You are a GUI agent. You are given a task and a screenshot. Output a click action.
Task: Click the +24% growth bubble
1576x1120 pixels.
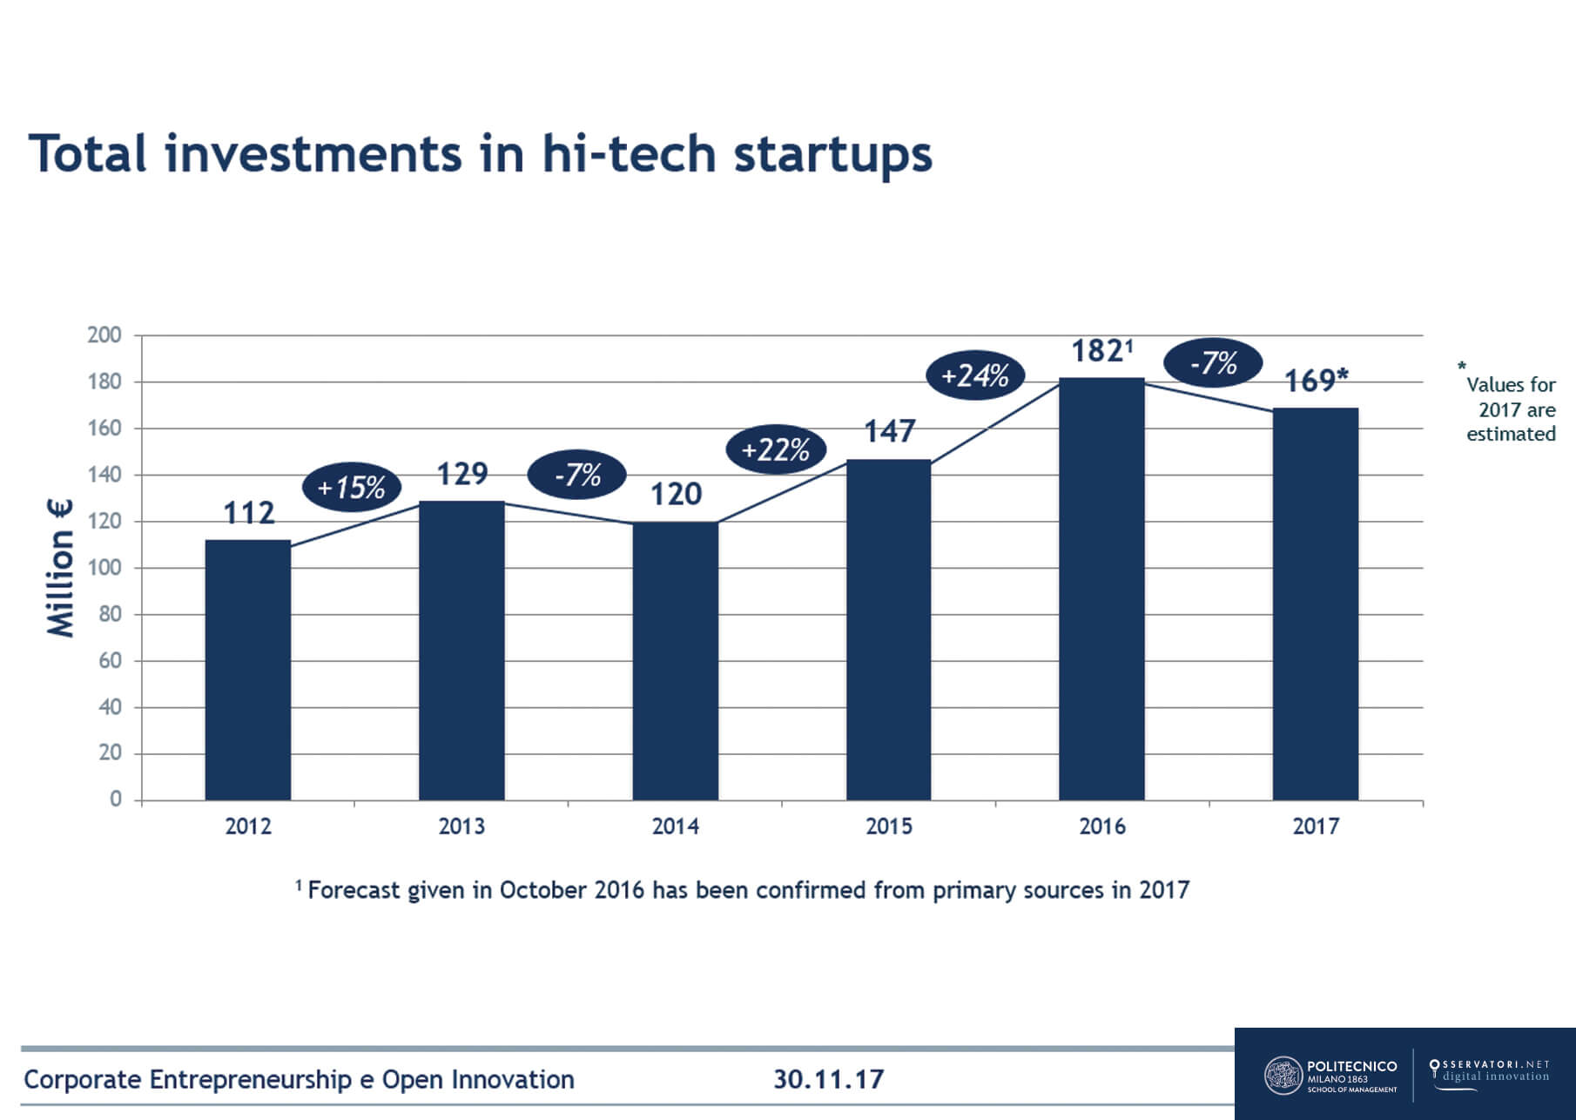(x=975, y=376)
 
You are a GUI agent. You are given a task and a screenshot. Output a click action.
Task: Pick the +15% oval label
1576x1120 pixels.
(x=351, y=487)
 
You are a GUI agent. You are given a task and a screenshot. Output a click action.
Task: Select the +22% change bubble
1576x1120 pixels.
(x=775, y=450)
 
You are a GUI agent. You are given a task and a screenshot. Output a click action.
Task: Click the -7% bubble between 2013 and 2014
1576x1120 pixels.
(x=577, y=475)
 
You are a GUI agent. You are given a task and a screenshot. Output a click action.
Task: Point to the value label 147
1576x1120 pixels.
(x=889, y=431)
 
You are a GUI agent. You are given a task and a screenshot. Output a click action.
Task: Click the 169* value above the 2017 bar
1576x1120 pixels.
(x=1316, y=381)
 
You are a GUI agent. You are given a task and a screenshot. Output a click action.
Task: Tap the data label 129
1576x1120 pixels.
(x=461, y=474)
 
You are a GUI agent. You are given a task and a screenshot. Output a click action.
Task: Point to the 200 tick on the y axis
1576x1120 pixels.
(x=104, y=335)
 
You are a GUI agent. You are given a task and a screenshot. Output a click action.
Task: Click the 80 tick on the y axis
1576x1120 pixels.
(x=110, y=614)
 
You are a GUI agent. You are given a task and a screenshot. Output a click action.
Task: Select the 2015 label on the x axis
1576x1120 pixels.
(x=889, y=826)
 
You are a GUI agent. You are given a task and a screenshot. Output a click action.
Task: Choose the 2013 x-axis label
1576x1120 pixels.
(x=461, y=826)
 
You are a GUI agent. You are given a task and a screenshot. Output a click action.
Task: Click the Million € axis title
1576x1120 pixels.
(x=60, y=569)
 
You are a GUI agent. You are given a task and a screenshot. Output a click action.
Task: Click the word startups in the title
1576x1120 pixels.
(x=832, y=155)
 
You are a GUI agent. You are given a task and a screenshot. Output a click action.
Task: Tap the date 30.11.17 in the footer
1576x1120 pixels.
(x=828, y=1080)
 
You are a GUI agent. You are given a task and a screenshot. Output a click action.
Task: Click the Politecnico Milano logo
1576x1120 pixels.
(x=1330, y=1075)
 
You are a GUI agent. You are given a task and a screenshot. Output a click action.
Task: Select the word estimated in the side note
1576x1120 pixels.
(x=1511, y=434)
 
